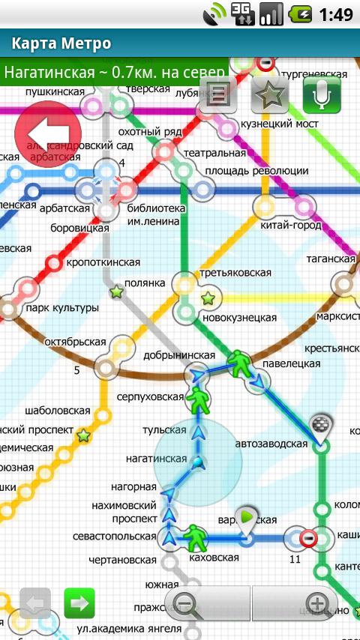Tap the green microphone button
point(322,94)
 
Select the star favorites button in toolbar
point(270,94)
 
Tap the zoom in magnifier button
point(317,603)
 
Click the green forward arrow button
point(79,603)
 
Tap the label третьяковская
point(235,274)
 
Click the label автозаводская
point(271,444)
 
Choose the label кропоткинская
point(103,262)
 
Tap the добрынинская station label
point(181,355)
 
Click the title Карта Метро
point(62,43)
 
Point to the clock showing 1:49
point(336,14)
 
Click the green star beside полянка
point(116,292)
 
